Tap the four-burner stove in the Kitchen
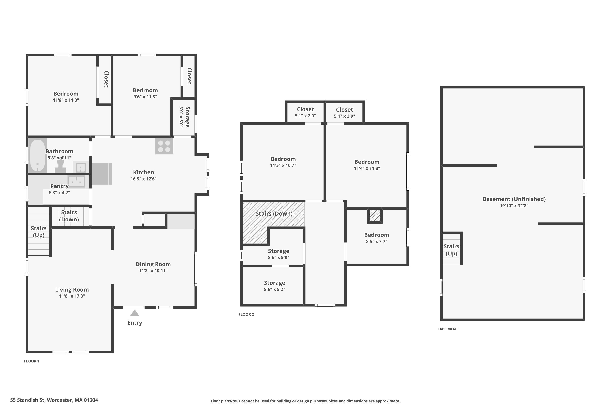point(164,146)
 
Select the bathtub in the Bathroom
point(37,155)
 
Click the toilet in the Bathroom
point(60,166)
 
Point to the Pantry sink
point(76,182)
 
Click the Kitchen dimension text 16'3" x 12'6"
point(143,179)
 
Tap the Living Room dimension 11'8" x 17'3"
point(72,296)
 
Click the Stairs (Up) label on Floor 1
point(38,232)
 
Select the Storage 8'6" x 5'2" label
point(274,283)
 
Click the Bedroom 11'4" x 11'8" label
point(367,162)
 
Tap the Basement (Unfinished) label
point(514,199)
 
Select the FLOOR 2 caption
point(246,314)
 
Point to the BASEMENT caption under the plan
point(448,329)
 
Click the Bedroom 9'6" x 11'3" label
point(145,90)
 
